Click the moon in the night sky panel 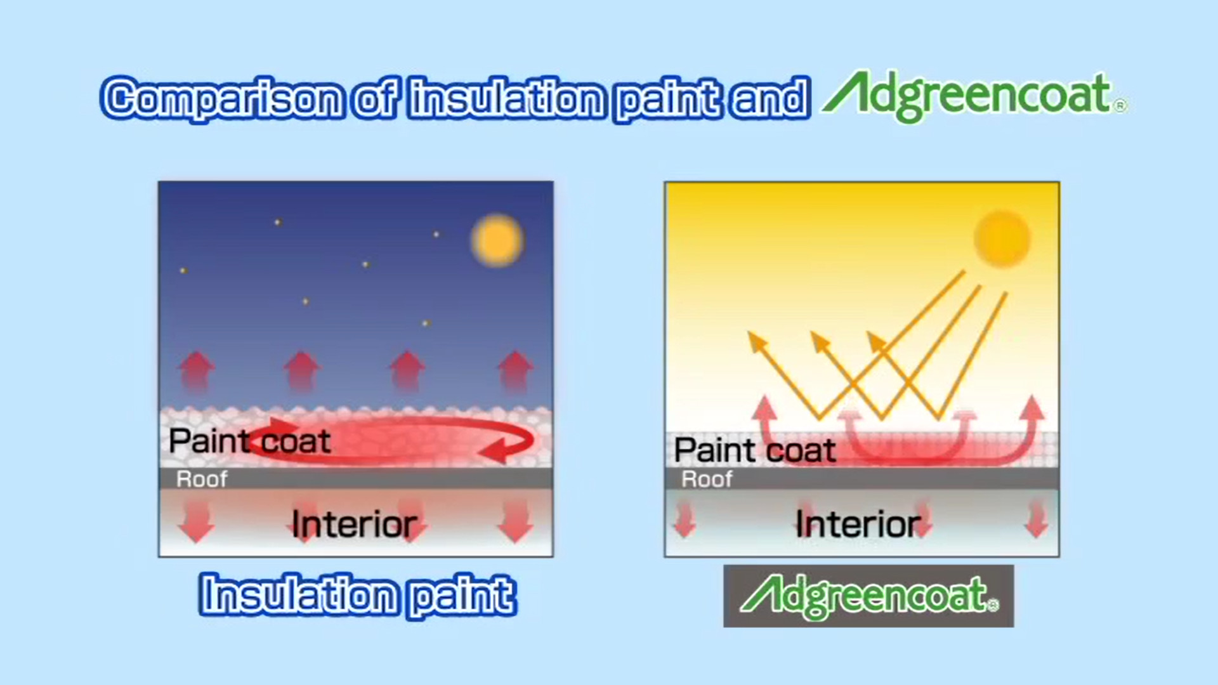[x=497, y=240]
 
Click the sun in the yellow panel [x=1002, y=238]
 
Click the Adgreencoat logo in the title [x=974, y=96]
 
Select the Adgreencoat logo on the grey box [x=869, y=597]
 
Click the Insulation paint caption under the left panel [x=357, y=595]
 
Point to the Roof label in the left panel [x=202, y=479]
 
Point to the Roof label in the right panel [x=707, y=479]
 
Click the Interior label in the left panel [x=354, y=525]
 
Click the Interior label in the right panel [x=858, y=524]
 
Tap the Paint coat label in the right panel [x=755, y=450]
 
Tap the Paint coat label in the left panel [x=249, y=441]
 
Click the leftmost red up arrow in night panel [x=197, y=372]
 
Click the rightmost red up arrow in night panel [x=515, y=372]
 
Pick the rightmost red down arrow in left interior [x=514, y=521]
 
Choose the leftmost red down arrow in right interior [x=684, y=519]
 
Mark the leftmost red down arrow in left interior [x=196, y=521]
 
